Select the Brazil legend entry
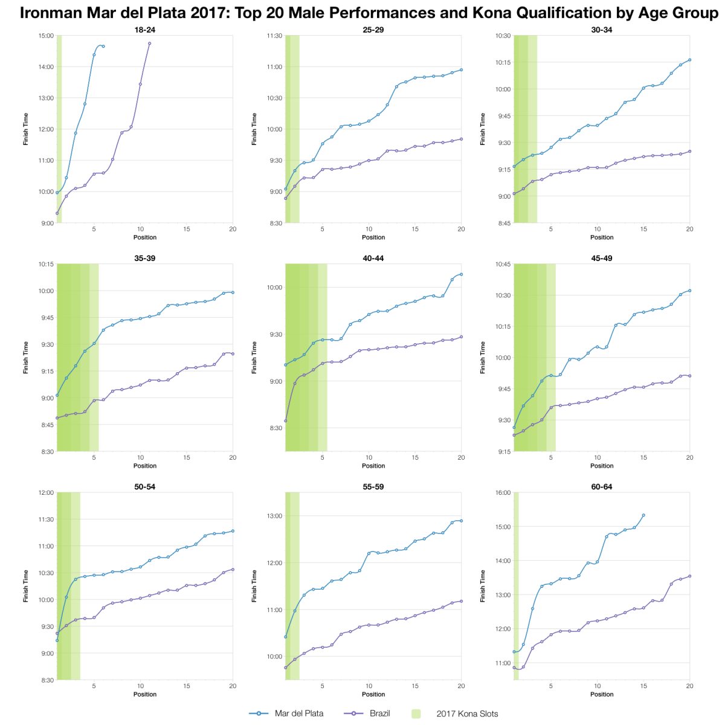[379, 714]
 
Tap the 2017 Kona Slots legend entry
[467, 714]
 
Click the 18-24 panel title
[145, 30]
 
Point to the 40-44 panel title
[373, 258]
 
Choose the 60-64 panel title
[602, 486]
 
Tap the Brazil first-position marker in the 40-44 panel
[286, 421]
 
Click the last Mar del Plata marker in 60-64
[643, 515]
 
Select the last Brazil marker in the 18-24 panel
[149, 43]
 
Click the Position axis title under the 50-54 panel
[145, 694]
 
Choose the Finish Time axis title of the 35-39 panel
[26, 358]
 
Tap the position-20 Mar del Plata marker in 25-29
[461, 69]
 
